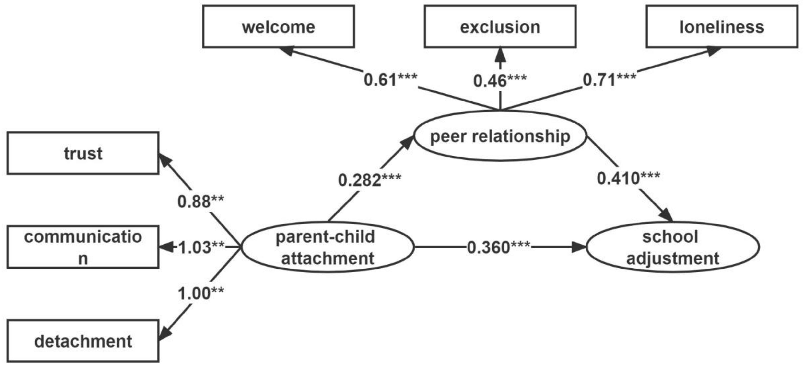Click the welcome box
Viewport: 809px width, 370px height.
click(278, 27)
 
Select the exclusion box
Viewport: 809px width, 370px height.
click(500, 27)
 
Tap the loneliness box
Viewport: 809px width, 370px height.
click(722, 27)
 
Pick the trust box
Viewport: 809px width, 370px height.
click(83, 153)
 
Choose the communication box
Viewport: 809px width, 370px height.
click(83, 247)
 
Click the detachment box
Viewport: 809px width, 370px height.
click(83, 341)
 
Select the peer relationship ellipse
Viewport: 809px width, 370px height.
click(500, 136)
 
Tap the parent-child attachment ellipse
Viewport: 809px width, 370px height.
click(327, 247)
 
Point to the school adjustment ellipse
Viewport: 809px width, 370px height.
click(673, 247)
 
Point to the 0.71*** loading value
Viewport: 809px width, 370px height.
click(609, 79)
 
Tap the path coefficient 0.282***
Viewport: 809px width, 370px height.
click(369, 180)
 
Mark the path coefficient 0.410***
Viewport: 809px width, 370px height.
click(628, 178)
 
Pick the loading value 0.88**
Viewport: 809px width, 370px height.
click(201, 201)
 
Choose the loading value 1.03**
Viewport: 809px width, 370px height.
click(201, 247)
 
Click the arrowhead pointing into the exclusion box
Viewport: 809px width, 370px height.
click(500, 54)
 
